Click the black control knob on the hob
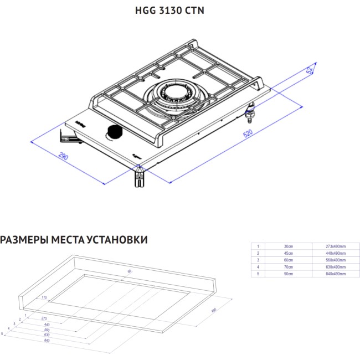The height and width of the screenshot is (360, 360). tap(114, 132)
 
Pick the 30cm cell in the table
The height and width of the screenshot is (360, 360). tap(288, 245)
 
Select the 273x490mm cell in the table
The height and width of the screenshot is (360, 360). tap(336, 245)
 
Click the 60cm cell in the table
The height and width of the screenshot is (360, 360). tap(288, 259)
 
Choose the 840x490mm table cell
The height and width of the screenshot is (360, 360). tap(336, 274)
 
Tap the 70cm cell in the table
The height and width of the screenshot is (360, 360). tap(288, 266)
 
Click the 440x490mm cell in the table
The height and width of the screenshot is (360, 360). tap(336, 253)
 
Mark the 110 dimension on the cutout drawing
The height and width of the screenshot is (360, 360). tap(44, 297)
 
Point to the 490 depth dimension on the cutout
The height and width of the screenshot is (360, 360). tap(213, 309)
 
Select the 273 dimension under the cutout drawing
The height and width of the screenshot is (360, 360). tap(44, 318)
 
